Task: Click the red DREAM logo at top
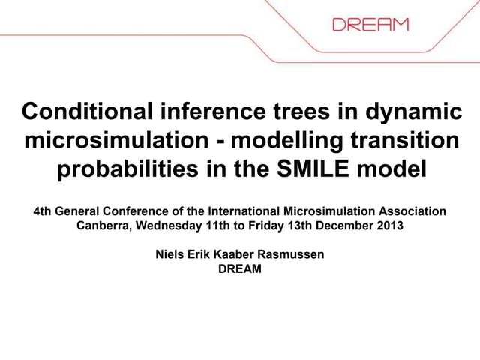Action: click(370, 24)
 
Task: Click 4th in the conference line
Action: click(43, 211)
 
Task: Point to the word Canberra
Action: click(104, 225)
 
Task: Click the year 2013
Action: click(388, 225)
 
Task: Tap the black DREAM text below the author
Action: click(240, 268)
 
